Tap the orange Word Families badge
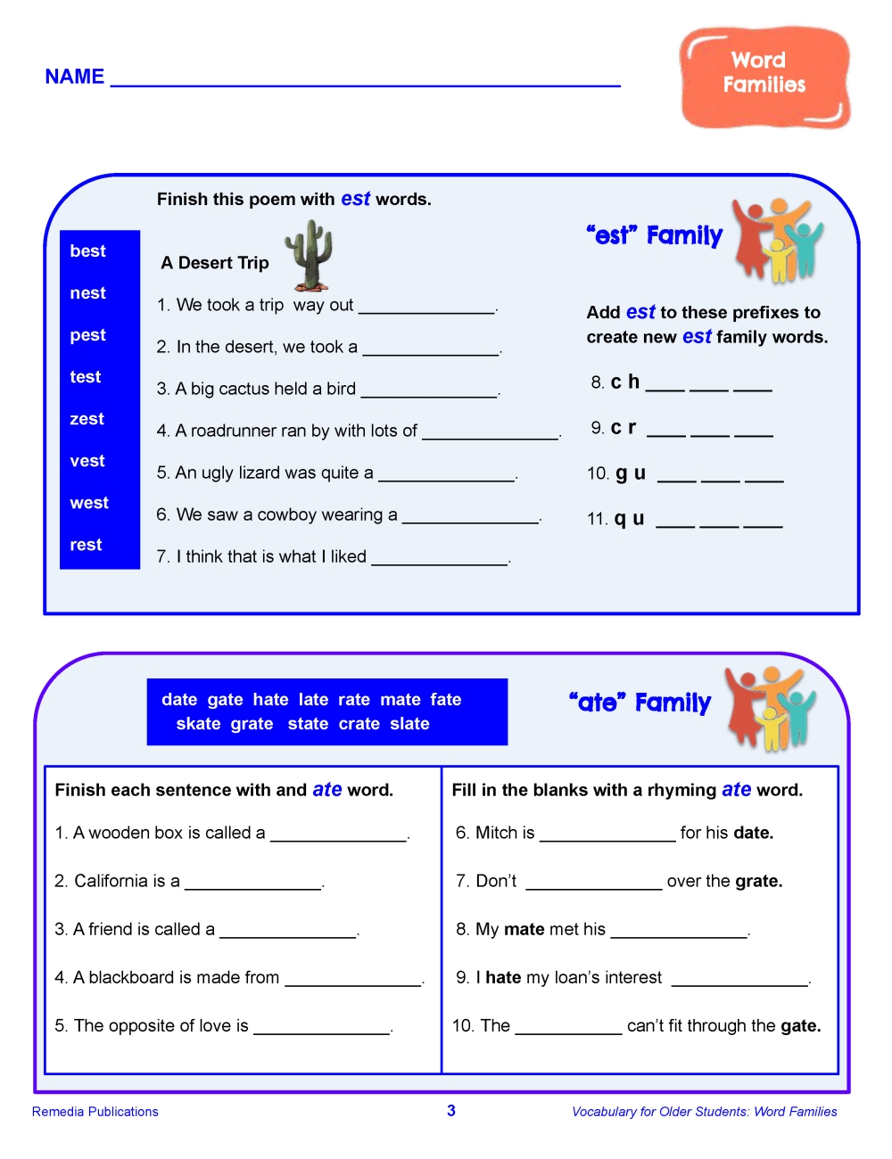tap(764, 78)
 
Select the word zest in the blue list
tap(87, 419)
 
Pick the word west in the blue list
tap(89, 503)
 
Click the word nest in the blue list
tap(87, 293)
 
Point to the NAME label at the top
tap(75, 77)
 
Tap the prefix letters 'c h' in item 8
tap(625, 382)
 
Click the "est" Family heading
tap(655, 235)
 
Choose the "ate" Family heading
tap(640, 703)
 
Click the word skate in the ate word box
tap(198, 724)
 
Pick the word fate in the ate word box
tap(446, 700)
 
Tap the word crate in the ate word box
tap(359, 724)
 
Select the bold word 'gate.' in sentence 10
tap(800, 1026)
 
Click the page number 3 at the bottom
tap(451, 1111)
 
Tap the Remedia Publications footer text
tap(95, 1112)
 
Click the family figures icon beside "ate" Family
tap(769, 708)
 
